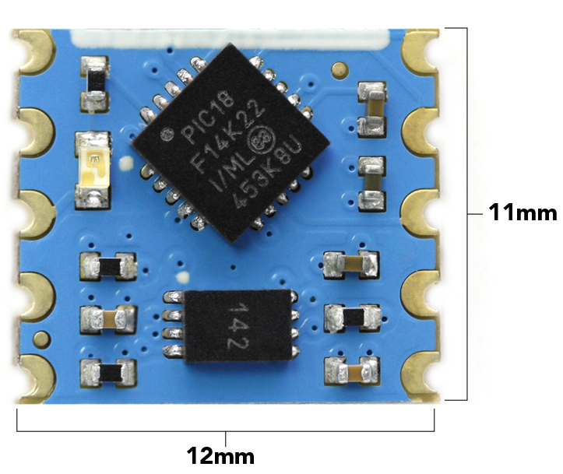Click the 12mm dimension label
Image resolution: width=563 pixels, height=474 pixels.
220,455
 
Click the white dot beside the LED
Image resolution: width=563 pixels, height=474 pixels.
125,163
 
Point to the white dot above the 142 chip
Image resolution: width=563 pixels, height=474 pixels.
184,276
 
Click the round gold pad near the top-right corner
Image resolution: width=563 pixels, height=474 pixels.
337,70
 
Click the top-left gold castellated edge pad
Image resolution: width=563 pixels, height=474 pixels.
32,53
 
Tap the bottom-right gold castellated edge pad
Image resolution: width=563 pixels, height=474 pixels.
420,374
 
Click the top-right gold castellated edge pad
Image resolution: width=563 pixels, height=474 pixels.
420,53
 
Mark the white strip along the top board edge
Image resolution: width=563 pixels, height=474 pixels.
230,36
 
